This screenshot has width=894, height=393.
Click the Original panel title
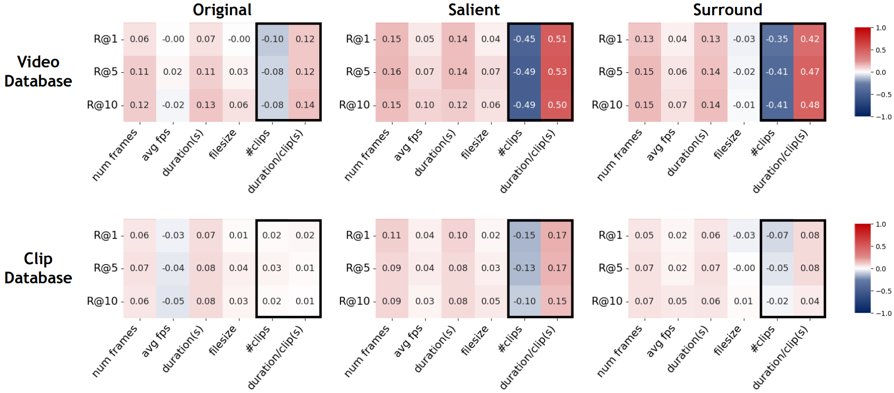pyautogui.click(x=222, y=10)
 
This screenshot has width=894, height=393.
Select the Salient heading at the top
pyautogui.click(x=474, y=10)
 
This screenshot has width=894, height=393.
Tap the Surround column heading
pyautogui.click(x=728, y=10)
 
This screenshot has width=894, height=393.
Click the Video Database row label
pyautogui.click(x=38, y=71)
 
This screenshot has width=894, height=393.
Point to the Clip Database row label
pyautogui.click(x=38, y=268)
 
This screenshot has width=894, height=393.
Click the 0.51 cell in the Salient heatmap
pyautogui.click(x=557, y=39)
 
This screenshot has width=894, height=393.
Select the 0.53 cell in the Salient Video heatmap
pyautogui.click(x=557, y=72)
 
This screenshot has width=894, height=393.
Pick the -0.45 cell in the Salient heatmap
pyautogui.click(x=524, y=39)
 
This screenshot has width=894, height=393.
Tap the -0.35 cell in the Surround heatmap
pyautogui.click(x=777, y=39)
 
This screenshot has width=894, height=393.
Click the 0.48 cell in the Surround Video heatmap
pyautogui.click(x=810, y=105)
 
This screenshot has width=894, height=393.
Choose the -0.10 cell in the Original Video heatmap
pyautogui.click(x=272, y=39)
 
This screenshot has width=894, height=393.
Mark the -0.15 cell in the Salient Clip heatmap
pyautogui.click(x=524, y=235)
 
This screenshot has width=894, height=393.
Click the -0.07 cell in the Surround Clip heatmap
pyautogui.click(x=777, y=235)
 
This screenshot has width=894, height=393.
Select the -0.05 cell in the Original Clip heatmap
pyautogui.click(x=173, y=301)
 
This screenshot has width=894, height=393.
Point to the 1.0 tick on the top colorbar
pyautogui.click(x=881, y=28)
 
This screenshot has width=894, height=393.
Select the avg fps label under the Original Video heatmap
pyautogui.click(x=156, y=145)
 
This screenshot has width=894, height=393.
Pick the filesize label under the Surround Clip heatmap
pyautogui.click(x=728, y=340)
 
